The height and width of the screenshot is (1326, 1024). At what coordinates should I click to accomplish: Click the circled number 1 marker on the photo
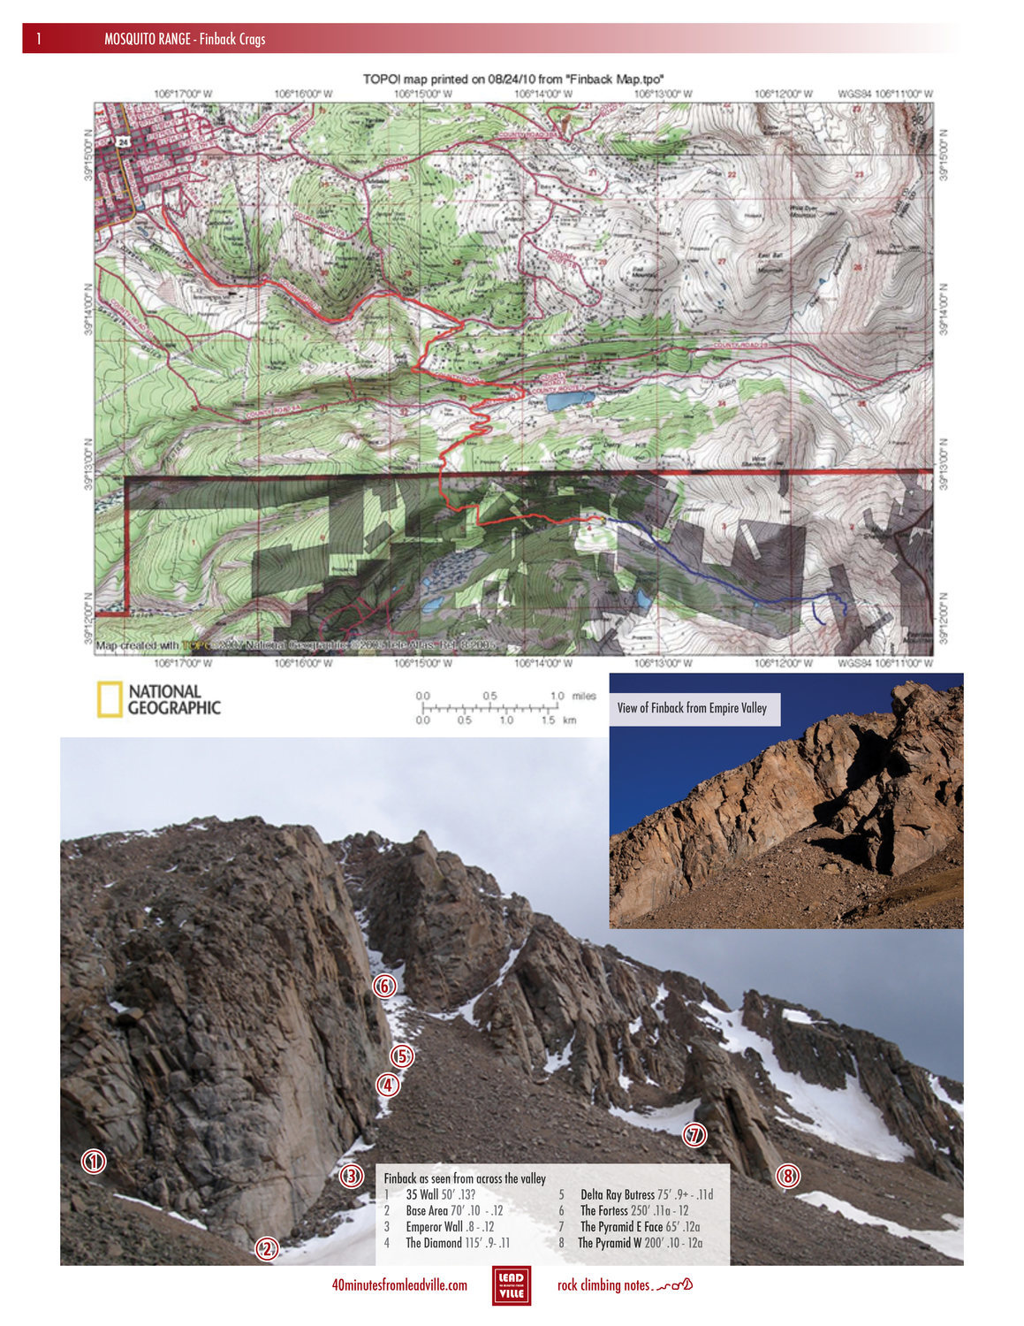point(94,1162)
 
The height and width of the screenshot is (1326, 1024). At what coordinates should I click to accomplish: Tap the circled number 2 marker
point(267,1248)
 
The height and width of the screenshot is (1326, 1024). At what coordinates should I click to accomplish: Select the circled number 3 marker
point(352,1176)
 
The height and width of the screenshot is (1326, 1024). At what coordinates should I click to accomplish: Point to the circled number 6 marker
point(384,986)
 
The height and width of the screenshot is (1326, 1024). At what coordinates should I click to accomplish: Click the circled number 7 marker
point(695,1135)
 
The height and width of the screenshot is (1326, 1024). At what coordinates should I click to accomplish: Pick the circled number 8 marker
point(788,1176)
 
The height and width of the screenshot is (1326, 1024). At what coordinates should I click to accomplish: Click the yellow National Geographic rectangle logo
point(109,700)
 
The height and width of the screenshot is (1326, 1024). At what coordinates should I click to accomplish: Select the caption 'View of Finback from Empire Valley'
point(692,708)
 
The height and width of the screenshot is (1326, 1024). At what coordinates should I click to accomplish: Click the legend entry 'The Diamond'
point(434,1243)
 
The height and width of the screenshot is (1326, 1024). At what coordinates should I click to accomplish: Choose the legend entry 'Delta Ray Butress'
point(618,1195)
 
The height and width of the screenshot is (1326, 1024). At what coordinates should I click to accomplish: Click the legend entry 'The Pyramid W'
point(611,1243)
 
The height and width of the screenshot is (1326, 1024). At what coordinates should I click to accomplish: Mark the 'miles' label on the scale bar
point(584,697)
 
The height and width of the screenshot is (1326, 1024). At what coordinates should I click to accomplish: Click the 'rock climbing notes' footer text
point(604,1285)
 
